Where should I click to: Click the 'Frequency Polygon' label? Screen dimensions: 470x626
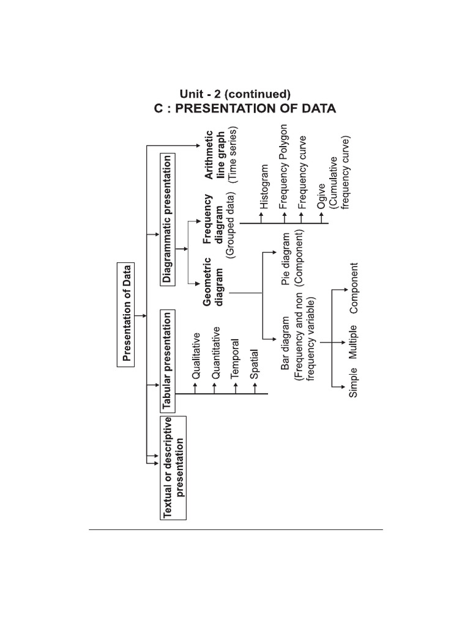coord(283,167)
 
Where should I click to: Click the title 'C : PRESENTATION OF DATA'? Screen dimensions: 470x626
coord(244,109)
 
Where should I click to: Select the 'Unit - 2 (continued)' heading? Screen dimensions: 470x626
coord(234,94)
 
